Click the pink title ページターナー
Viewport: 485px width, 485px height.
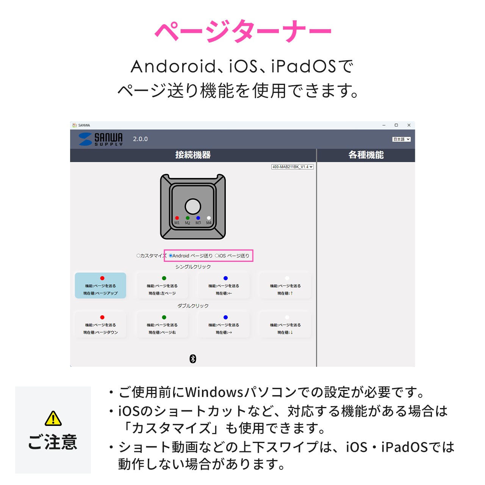(x=242, y=31)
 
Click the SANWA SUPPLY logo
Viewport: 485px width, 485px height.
(x=101, y=139)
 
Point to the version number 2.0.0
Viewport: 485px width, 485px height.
(x=140, y=139)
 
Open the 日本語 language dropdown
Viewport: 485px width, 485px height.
(x=401, y=139)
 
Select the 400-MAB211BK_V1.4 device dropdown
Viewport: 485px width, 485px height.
(x=292, y=167)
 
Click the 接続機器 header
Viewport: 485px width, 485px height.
(x=193, y=155)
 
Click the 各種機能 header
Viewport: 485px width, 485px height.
(x=366, y=155)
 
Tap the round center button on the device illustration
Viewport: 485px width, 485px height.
(x=193, y=207)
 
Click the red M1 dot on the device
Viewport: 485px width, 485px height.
(x=177, y=218)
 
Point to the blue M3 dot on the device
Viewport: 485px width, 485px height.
(x=198, y=218)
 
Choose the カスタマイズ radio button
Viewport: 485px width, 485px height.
(x=139, y=256)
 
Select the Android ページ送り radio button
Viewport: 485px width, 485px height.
(x=171, y=256)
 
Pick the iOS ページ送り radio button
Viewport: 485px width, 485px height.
(x=217, y=256)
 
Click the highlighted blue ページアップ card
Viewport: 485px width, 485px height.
(x=100, y=286)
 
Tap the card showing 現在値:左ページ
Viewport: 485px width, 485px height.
(x=162, y=286)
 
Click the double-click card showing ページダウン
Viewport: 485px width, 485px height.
(x=100, y=325)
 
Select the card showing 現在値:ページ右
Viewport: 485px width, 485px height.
(x=162, y=325)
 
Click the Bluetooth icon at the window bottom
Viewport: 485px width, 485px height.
(x=193, y=358)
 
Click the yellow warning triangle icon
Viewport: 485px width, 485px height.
(x=53, y=418)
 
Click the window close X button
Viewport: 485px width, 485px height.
(x=409, y=125)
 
